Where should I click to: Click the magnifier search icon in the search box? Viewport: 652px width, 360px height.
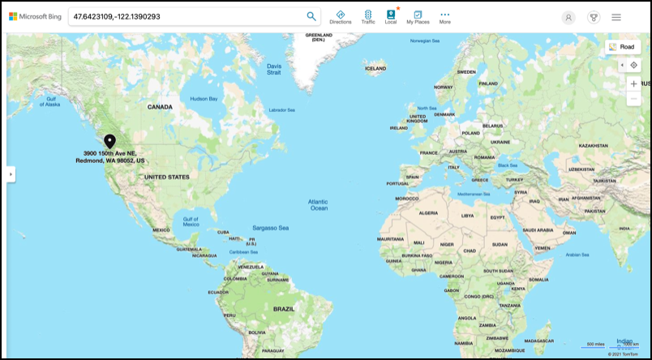(311, 16)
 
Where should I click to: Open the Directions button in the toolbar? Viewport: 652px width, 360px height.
(341, 17)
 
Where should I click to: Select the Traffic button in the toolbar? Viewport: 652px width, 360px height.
(368, 17)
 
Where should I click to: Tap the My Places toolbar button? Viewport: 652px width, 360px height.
(418, 17)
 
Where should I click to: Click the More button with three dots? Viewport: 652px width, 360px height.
(445, 17)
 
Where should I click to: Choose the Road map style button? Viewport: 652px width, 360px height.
(622, 47)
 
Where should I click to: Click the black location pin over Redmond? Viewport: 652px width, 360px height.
(109, 141)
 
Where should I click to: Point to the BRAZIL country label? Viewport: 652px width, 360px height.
(284, 309)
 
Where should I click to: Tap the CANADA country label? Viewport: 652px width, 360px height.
(160, 107)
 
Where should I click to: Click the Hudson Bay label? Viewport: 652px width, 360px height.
(204, 99)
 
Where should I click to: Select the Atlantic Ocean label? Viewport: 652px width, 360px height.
(318, 204)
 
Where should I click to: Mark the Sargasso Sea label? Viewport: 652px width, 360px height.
(270, 228)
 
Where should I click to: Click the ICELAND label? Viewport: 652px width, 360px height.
(375, 69)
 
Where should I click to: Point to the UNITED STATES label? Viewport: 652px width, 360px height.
(166, 177)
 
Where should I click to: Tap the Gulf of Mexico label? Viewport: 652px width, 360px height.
(191, 221)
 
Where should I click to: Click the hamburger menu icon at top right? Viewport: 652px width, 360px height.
(616, 17)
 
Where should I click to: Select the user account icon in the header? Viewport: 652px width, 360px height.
(568, 17)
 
